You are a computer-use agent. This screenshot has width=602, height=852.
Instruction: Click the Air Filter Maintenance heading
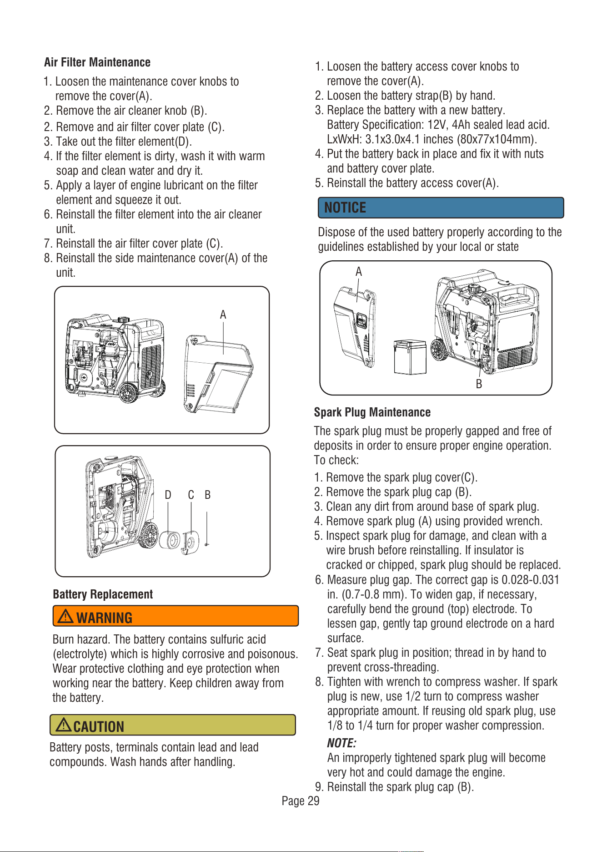tap(97, 62)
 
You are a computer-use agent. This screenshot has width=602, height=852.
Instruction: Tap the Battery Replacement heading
tap(103, 594)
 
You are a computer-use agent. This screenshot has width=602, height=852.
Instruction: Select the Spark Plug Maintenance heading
tap(372, 412)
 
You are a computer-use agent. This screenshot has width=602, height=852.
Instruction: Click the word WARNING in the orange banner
tap(104, 618)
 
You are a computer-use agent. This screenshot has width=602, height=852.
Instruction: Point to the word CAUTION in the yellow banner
tap(99, 726)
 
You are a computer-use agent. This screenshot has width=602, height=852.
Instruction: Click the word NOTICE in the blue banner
tap(345, 208)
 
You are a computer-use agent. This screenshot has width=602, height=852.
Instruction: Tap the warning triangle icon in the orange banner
tap(66, 616)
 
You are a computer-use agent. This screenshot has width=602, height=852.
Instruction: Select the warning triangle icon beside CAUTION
tap(64, 724)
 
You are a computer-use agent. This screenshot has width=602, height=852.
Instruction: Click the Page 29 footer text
tap(301, 801)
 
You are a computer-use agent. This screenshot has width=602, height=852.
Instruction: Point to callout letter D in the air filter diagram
tap(168, 495)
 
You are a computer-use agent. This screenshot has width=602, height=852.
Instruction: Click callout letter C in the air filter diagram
tap(191, 495)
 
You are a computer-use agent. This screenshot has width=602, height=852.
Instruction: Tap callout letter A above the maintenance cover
tap(223, 314)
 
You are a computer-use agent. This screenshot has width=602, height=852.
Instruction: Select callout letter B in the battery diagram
tap(479, 384)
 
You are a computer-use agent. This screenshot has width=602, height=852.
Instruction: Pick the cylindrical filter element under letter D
tap(171, 540)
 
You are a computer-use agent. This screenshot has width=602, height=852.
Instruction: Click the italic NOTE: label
tap(341, 743)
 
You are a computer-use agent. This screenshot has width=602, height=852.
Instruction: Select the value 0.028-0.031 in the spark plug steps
tap(530, 580)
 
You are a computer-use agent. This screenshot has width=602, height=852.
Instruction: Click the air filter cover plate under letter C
tap(190, 543)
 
